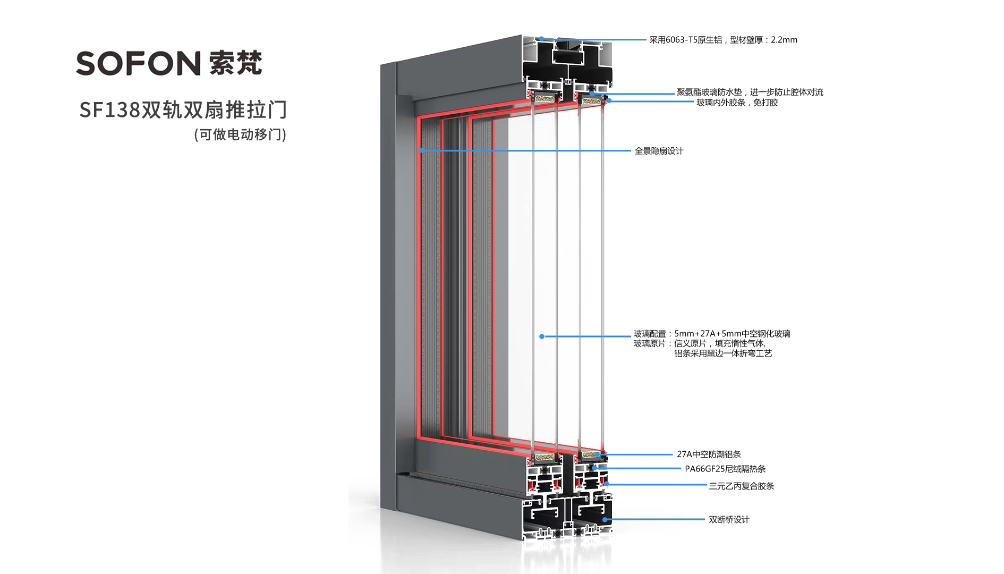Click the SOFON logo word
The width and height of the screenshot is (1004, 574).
138,63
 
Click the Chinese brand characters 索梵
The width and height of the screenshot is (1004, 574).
235,63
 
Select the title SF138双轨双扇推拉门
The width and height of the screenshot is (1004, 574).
183,109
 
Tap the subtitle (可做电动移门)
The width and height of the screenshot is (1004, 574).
240,134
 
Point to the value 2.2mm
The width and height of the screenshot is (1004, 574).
784,40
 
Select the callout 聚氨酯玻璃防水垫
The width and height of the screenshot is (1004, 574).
709,92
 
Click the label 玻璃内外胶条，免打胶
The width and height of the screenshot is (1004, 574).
737,103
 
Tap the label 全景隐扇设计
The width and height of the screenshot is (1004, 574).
659,151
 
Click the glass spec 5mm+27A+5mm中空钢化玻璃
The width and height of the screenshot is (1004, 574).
732,334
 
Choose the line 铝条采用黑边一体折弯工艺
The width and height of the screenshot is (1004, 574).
723,353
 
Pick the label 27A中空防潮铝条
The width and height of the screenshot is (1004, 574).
709,454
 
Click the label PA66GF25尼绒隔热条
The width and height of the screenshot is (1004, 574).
725,469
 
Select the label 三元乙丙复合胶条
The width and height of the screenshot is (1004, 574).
741,486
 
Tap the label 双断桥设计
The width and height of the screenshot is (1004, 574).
729,520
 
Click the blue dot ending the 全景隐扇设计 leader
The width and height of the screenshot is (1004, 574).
421,150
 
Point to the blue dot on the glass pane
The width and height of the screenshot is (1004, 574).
542,336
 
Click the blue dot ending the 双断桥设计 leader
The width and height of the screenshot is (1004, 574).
605,520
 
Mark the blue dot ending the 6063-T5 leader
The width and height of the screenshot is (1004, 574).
541,39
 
